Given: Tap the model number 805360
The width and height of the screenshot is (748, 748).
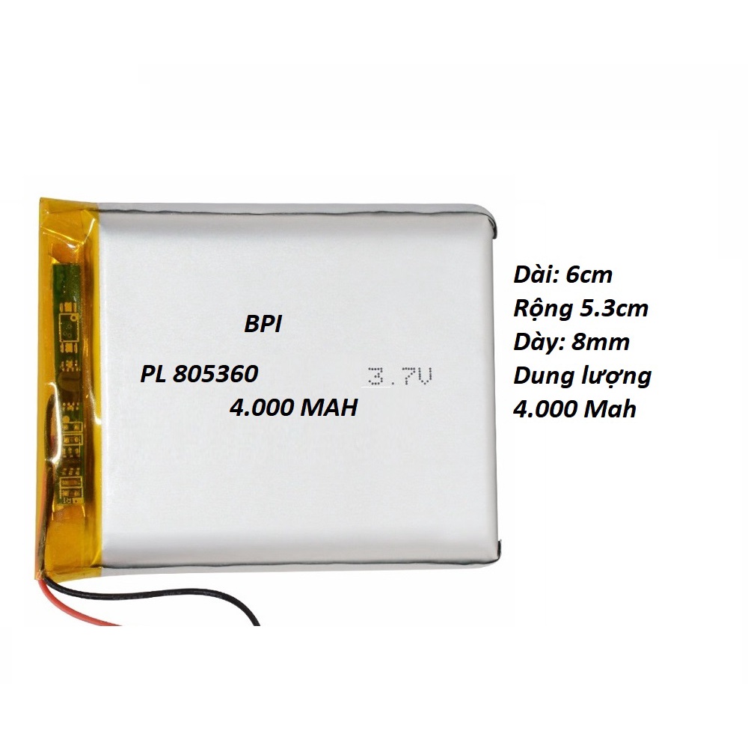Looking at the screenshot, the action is (x=216, y=373).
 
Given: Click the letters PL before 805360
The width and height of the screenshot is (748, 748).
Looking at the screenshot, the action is (x=153, y=373).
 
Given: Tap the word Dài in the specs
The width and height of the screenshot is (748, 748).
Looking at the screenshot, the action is (x=537, y=275).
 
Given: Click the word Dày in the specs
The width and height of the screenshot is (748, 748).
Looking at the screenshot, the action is (x=539, y=343).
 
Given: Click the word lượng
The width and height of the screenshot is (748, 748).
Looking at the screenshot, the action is (x=613, y=377).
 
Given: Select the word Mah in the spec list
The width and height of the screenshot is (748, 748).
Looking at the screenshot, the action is (x=612, y=409).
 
